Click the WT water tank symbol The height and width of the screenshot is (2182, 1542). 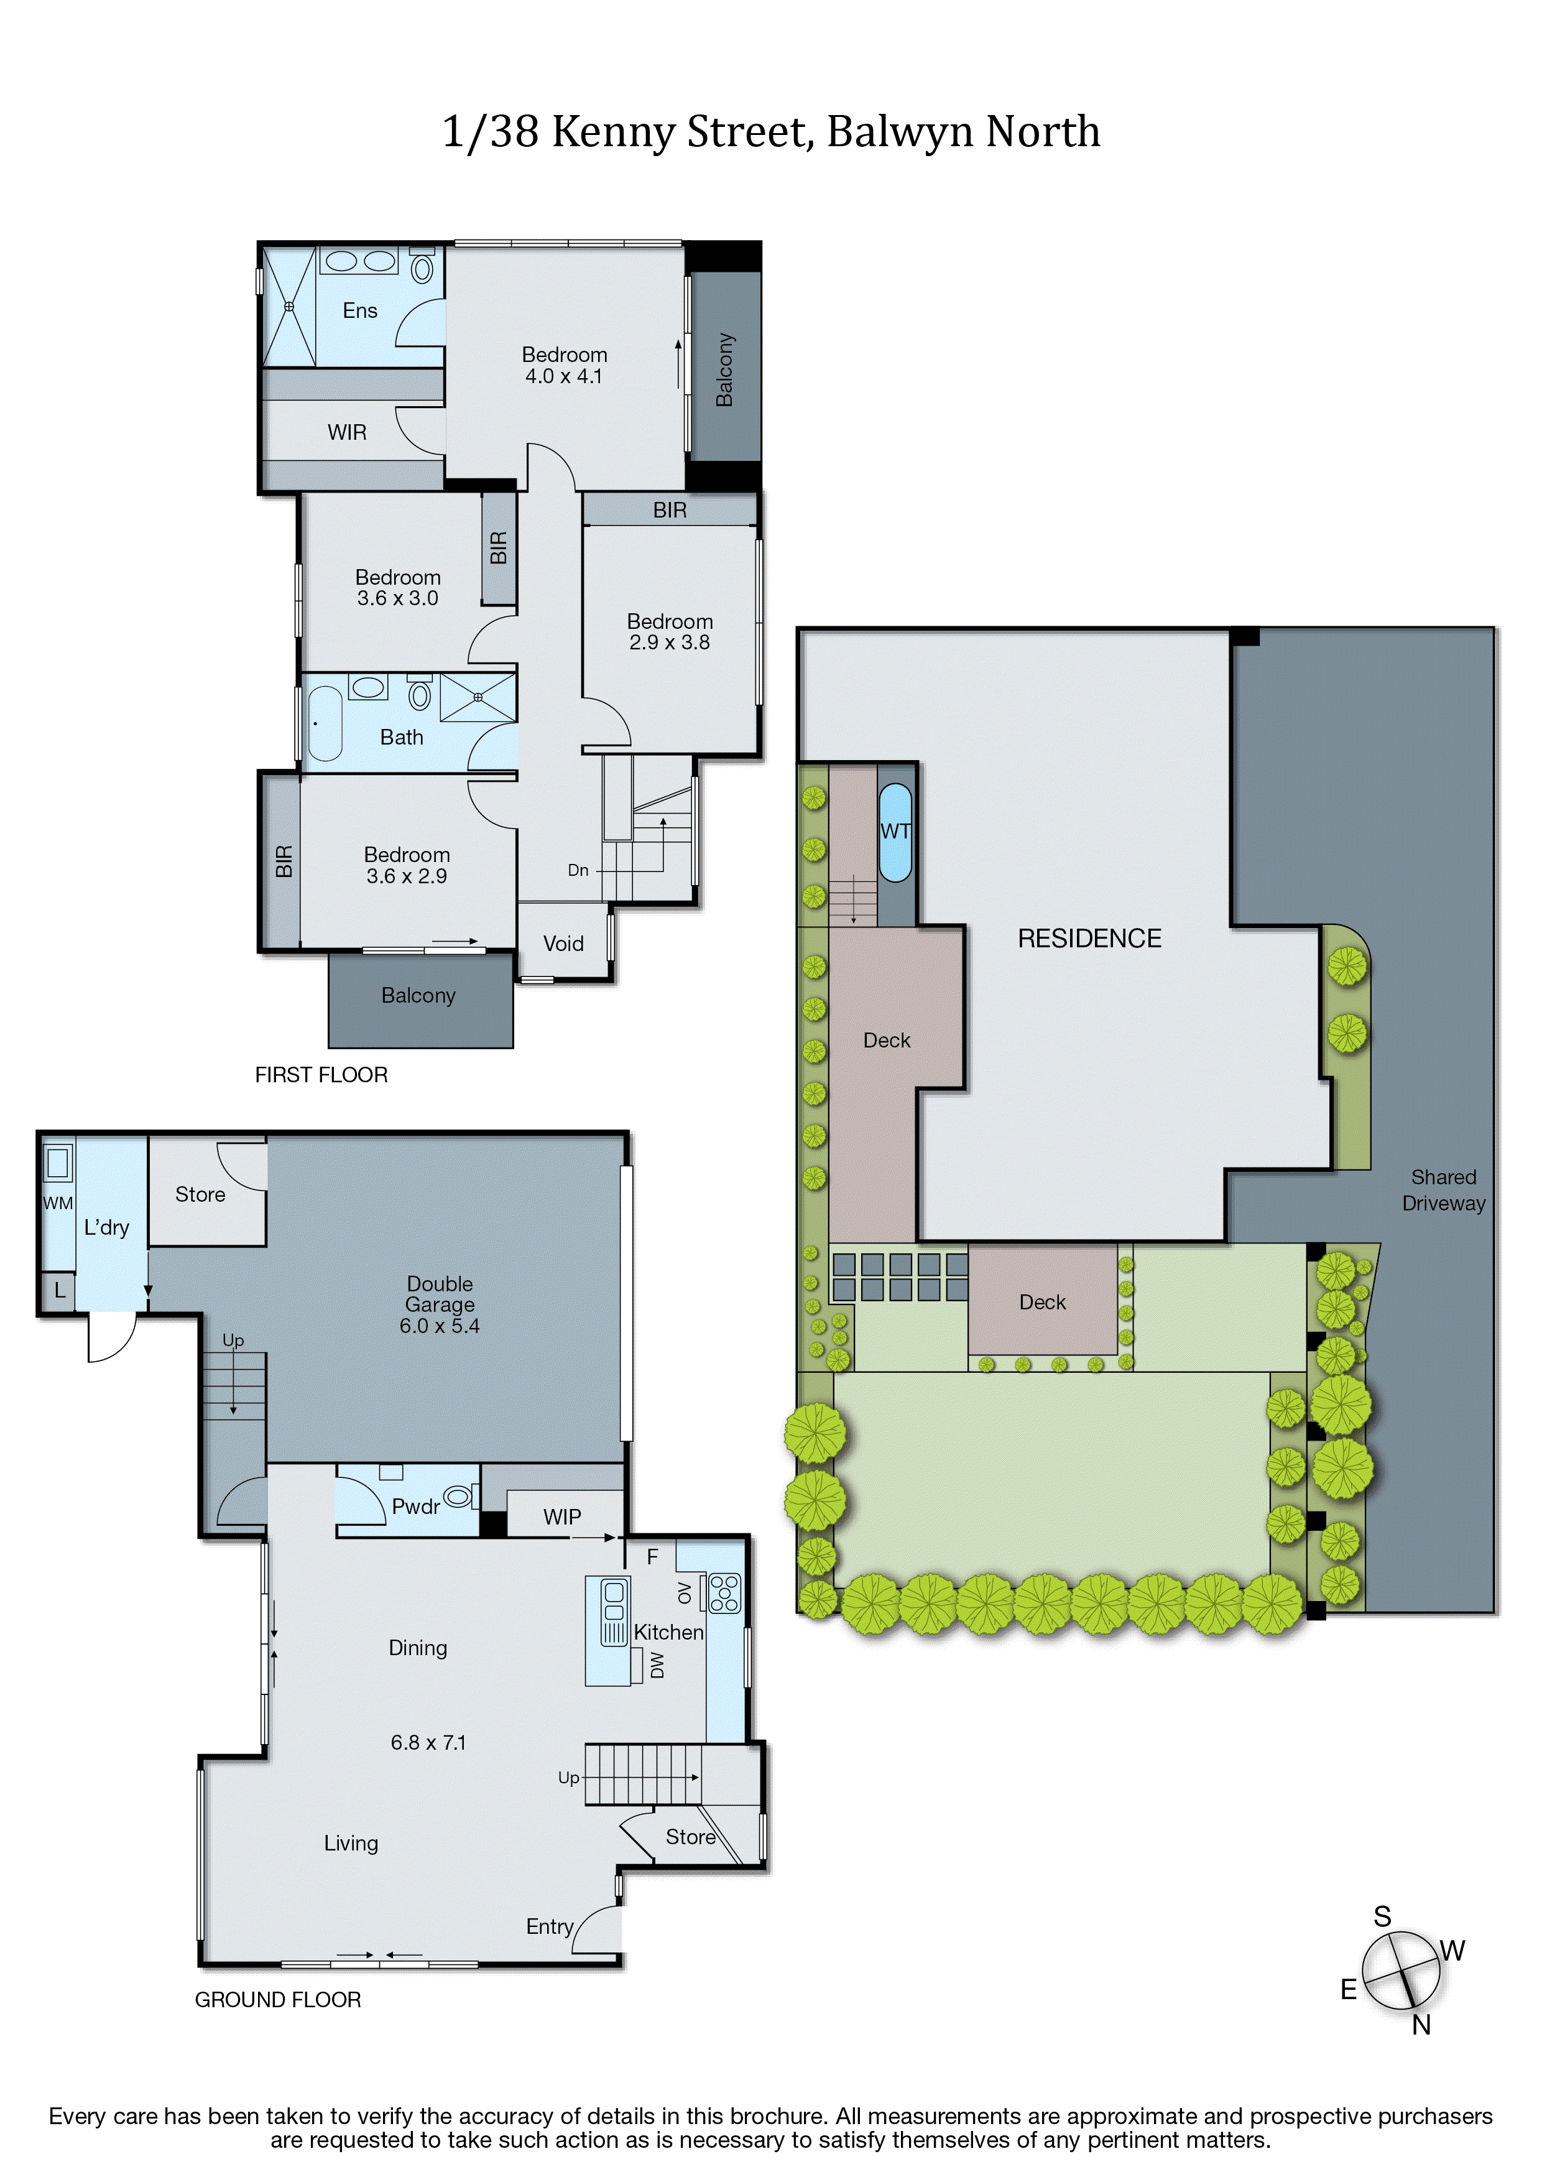click(x=895, y=832)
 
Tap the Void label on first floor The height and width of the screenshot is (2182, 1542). click(x=563, y=944)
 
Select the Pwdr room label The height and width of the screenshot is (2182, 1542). click(x=415, y=1507)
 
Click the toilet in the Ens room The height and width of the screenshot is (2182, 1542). click(x=422, y=268)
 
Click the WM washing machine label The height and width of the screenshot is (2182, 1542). click(x=58, y=1203)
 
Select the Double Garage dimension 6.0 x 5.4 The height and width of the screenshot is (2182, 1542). click(x=439, y=1325)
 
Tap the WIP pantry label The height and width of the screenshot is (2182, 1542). click(x=563, y=1516)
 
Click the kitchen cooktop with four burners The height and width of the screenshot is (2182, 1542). click(x=724, y=1593)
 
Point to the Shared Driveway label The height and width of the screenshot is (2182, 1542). click(x=1443, y=1190)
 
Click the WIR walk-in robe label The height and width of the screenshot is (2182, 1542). click(x=347, y=432)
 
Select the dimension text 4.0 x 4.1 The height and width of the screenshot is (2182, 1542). click(x=563, y=376)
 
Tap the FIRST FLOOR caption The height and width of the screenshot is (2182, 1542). click(x=321, y=1075)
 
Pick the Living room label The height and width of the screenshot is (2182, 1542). click(x=351, y=1843)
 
